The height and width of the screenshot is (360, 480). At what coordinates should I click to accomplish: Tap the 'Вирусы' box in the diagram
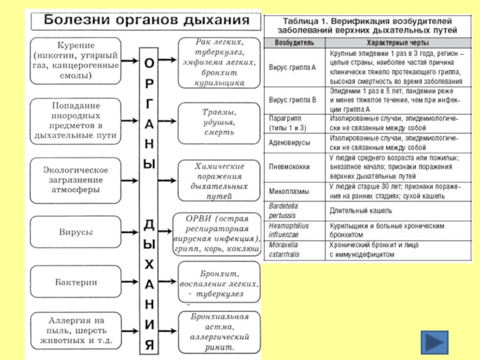pyautogui.click(x=74, y=231)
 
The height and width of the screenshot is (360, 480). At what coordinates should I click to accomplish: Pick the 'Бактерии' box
pyautogui.click(x=74, y=281)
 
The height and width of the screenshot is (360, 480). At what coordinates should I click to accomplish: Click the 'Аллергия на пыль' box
pyautogui.click(x=74, y=330)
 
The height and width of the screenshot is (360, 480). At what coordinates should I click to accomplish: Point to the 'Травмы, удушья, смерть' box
pyautogui.click(x=219, y=122)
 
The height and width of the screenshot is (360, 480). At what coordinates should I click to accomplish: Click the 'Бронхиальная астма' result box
pyautogui.click(x=219, y=331)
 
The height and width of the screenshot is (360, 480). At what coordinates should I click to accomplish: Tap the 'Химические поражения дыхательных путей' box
pyautogui.click(x=219, y=179)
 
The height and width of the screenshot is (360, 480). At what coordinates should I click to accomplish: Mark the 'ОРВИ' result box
pyautogui.click(x=219, y=232)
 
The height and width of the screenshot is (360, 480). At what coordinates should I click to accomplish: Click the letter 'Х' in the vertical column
pyautogui.click(x=149, y=263)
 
